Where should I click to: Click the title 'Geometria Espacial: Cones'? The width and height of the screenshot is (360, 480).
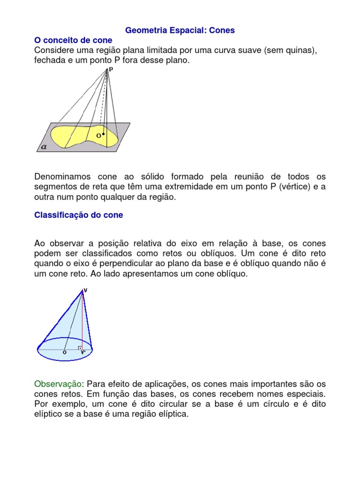click(x=180, y=30)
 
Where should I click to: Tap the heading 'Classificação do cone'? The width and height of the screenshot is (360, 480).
click(x=79, y=215)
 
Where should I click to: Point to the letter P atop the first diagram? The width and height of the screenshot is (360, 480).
click(x=111, y=69)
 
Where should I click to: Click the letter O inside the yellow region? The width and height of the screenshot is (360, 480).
click(x=98, y=135)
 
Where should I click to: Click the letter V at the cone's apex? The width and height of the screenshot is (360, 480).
click(x=85, y=290)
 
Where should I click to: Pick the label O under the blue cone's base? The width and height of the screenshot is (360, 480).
click(x=64, y=352)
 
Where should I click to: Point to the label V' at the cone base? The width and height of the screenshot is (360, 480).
click(x=83, y=352)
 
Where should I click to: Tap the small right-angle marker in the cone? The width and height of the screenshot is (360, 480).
click(x=81, y=347)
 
